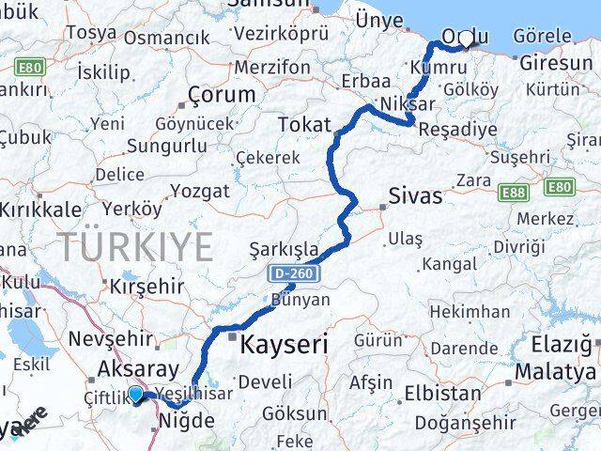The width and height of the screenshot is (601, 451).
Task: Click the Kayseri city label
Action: click(284, 345)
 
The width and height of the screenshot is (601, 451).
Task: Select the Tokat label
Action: click(305, 124)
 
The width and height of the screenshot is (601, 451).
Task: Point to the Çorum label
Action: click(222, 95)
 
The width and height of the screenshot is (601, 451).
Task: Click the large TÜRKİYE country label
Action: click(137, 247)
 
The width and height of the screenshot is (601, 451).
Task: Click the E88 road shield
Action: click(513, 192)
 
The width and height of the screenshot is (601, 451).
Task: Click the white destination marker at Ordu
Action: click(465, 38)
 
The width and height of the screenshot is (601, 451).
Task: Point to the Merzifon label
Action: click(272, 68)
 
